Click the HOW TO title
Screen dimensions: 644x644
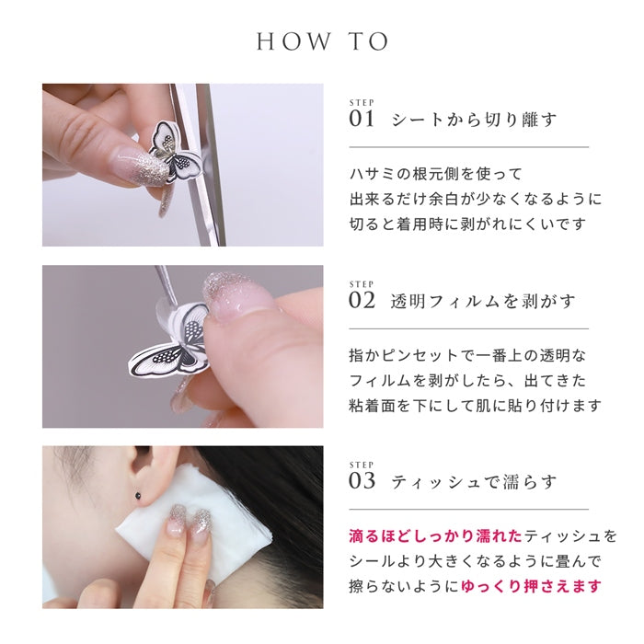(322, 41)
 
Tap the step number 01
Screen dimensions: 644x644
(362, 119)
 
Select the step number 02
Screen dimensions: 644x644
(362, 301)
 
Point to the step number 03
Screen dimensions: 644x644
(362, 481)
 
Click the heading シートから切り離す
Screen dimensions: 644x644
(474, 120)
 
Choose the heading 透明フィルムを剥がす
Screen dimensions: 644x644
(483, 302)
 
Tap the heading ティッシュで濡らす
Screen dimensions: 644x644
(474, 482)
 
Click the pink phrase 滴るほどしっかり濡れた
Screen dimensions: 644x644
(436, 536)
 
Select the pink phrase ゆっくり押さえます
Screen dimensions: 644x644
(531, 586)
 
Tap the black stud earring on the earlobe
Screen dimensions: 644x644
(138, 495)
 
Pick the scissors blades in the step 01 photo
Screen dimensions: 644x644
(200, 165)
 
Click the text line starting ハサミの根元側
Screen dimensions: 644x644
(435, 174)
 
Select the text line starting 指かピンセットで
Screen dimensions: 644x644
(467, 355)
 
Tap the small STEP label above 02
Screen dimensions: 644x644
(362, 283)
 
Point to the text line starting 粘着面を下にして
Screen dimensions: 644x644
(475, 406)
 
